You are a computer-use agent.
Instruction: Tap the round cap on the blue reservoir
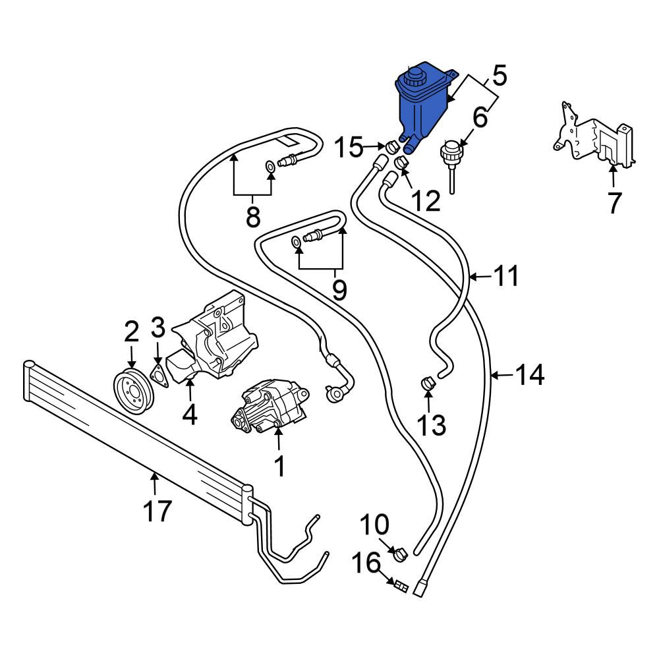414,76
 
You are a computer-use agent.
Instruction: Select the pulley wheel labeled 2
134,391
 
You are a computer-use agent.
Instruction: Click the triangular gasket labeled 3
158,376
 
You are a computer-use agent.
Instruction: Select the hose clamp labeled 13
428,383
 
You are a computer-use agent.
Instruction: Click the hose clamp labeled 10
401,554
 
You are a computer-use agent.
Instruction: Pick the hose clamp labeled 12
403,161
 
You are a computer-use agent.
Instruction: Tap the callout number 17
158,511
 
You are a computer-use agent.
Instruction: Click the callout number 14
530,374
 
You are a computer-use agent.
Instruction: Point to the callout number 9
339,289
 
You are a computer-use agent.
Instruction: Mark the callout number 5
498,75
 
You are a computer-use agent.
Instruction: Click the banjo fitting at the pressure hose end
333,393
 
